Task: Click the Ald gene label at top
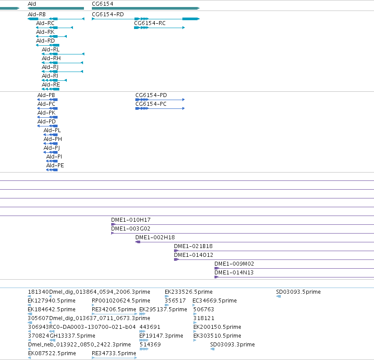[32, 4]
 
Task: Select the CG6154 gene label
[102, 4]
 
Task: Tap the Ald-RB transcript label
[37, 14]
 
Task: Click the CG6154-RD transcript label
[108, 14]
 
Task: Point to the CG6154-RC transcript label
[150, 23]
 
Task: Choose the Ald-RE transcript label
[51, 85]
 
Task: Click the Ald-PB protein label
[46, 95]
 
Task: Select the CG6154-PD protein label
[151, 95]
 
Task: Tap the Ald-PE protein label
[55, 166]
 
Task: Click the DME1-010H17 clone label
[131, 220]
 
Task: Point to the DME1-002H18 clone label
[155, 238]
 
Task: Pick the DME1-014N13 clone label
[234, 272]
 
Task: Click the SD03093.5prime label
[298, 292]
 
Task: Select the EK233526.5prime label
[189, 292]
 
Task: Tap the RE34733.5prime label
[114, 353]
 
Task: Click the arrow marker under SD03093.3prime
[213, 349]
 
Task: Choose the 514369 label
[150, 345]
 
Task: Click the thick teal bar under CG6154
[145, 8]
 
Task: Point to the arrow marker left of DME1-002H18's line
[138, 242]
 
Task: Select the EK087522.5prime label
[52, 353]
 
